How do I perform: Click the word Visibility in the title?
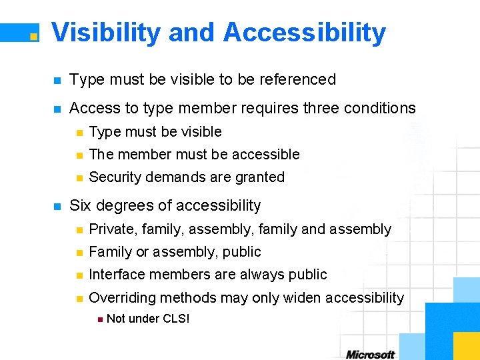pos(105,33)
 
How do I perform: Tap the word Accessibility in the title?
pos(305,33)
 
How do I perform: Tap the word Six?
pos(81,205)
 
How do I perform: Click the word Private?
pos(113,229)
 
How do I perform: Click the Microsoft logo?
pos(370,355)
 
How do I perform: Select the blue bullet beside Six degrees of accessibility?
pos(57,206)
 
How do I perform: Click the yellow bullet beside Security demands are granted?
pos(79,178)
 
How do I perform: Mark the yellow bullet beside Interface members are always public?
pos(79,275)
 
